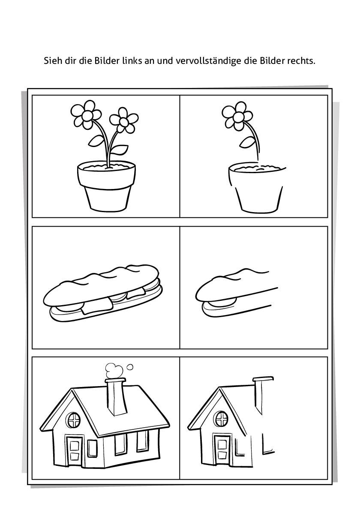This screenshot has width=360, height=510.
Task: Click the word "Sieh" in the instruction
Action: point(52,61)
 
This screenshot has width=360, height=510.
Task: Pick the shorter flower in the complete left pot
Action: point(123,120)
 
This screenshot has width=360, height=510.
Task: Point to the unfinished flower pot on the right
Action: point(256,188)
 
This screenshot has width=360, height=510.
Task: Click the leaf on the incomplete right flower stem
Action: point(248,142)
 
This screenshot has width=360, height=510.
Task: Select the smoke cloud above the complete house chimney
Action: point(114,371)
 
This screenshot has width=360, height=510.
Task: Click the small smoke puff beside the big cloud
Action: point(130,367)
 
